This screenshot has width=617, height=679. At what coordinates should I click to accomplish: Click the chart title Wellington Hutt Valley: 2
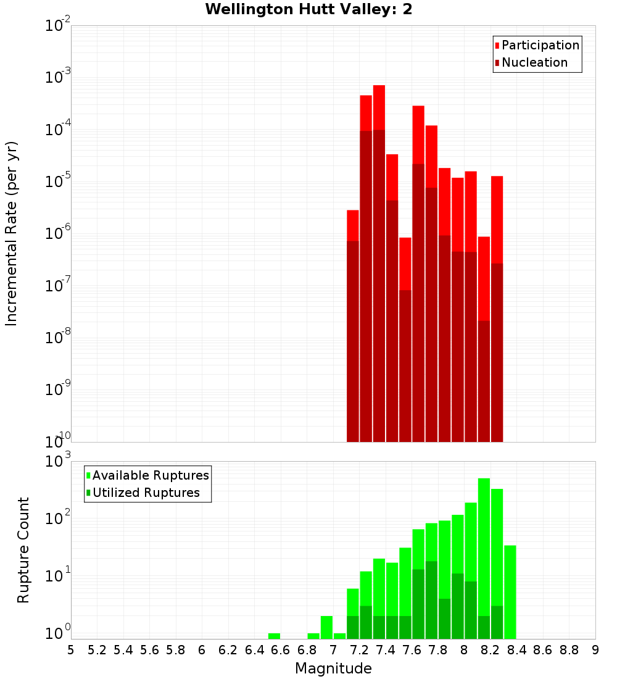pos(308,9)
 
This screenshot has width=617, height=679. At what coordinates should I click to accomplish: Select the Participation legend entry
pos(540,45)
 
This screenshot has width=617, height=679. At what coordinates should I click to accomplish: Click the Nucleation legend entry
pos(534,62)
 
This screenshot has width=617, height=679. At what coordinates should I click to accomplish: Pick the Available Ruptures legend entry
pos(150,475)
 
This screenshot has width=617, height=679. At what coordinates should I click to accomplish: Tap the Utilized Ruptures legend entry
pos(146,493)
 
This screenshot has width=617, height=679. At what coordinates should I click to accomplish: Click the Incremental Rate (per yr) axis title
pos(12,233)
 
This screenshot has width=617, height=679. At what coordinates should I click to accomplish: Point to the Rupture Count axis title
pos(23,549)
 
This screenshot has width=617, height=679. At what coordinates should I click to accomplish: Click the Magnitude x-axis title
pos(333,669)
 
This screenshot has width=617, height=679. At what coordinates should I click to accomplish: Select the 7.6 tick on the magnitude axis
pos(412,650)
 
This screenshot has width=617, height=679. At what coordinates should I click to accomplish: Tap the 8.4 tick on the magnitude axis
pos(516,650)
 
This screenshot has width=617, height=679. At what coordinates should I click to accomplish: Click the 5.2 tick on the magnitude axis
pos(97,650)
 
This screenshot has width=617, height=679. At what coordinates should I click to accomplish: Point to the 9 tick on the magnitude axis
pos(595,650)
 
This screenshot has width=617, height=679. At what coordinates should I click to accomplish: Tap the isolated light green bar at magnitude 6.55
pos(274,636)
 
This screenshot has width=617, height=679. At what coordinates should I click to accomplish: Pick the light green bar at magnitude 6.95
pos(326,627)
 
